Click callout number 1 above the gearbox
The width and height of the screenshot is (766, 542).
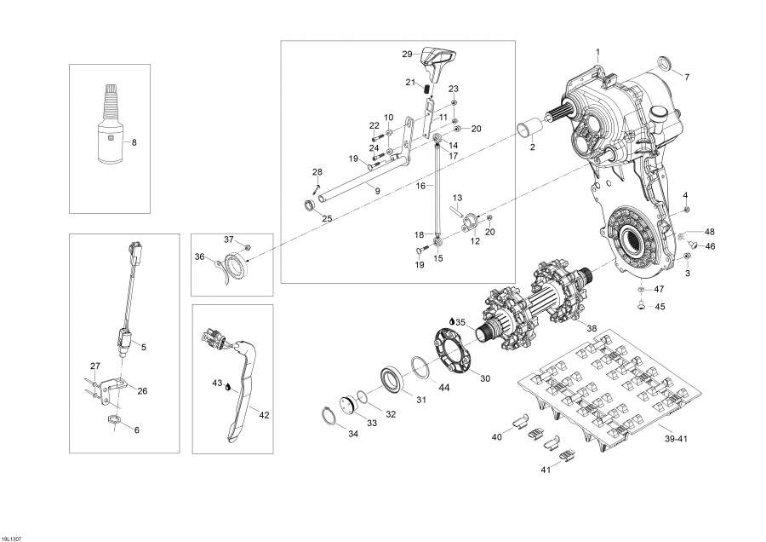tap(597, 53)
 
